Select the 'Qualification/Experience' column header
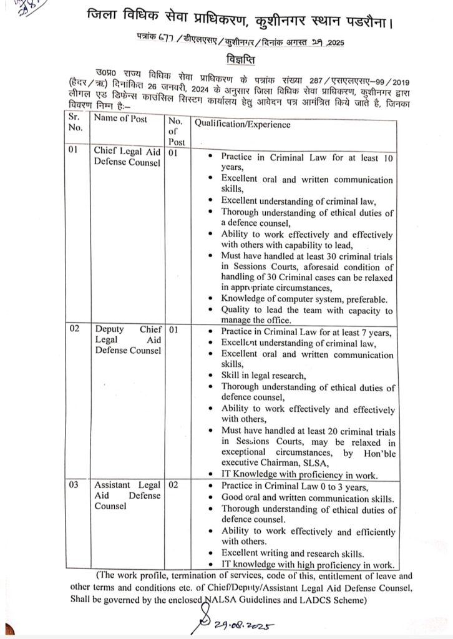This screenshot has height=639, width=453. pyautogui.click(x=242, y=124)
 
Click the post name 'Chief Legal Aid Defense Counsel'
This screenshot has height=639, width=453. pyautogui.click(x=127, y=157)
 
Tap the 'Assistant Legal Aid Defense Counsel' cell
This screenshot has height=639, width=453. pyautogui.click(x=127, y=495)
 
